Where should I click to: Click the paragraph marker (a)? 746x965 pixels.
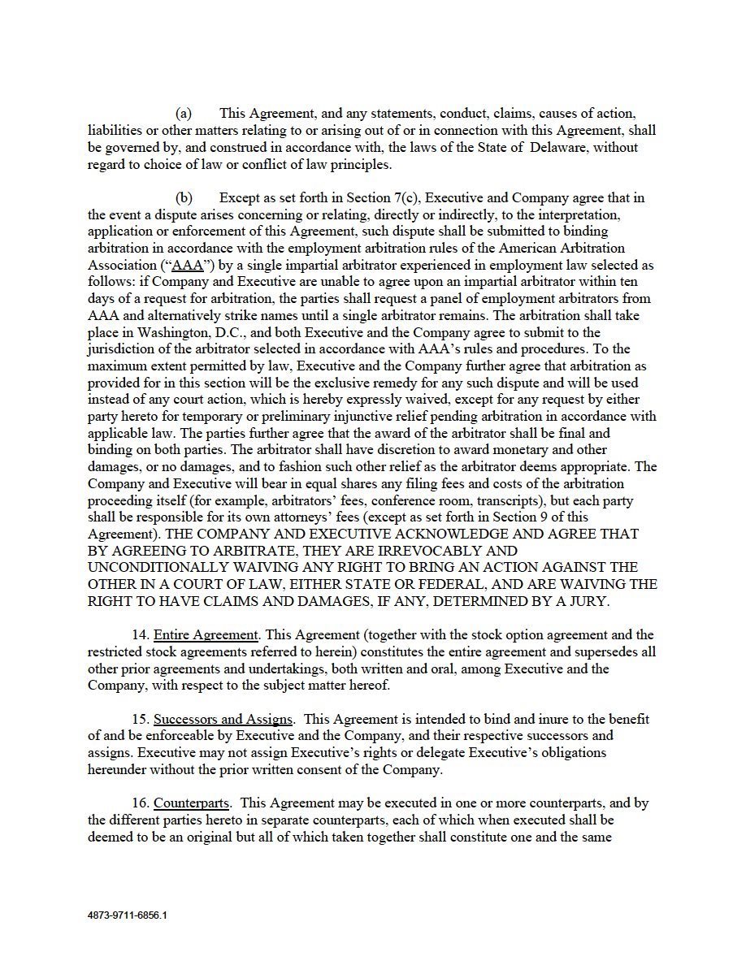point(184,114)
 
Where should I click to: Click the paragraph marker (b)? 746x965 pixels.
point(184,198)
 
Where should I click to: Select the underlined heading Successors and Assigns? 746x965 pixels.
point(223,719)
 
